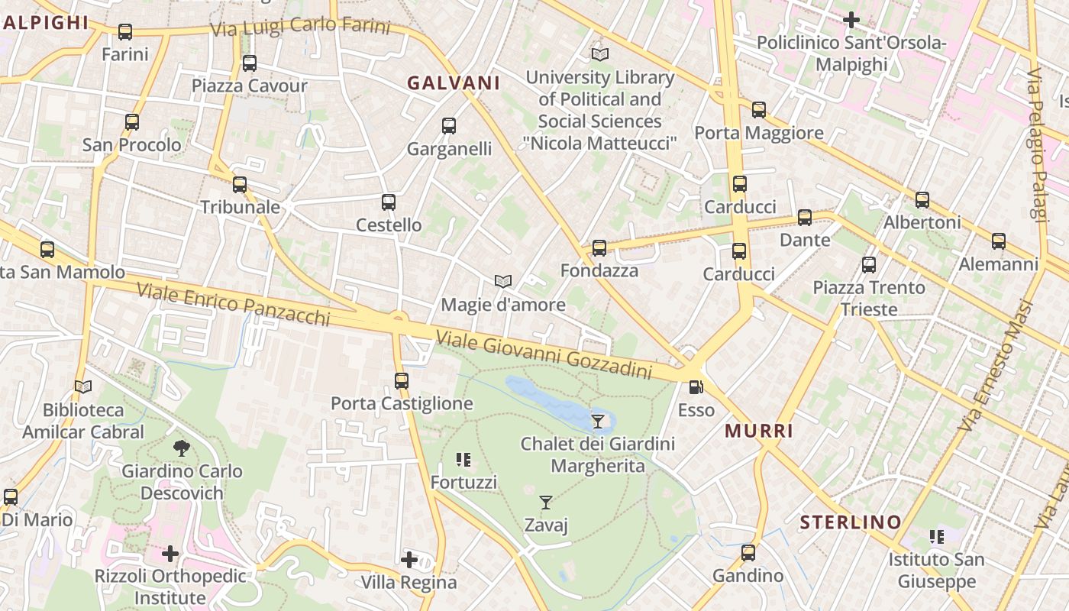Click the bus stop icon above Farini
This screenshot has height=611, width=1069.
[125, 32]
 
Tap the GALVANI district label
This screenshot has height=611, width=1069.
[454, 83]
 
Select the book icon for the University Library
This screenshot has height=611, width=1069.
[600, 55]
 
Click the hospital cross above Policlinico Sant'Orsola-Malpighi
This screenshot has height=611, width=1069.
[851, 20]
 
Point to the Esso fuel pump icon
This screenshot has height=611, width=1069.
[696, 388]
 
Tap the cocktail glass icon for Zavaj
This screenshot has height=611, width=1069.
[546, 503]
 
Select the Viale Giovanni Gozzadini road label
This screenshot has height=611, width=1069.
[544, 355]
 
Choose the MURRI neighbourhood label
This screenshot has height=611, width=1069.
[759, 431]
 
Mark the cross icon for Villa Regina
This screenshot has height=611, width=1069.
[409, 560]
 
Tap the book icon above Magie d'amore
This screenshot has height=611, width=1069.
[502, 282]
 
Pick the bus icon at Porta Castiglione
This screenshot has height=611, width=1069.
[402, 380]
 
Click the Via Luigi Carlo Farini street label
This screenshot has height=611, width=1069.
[301, 27]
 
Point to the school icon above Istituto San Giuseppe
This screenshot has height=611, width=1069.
[937, 537]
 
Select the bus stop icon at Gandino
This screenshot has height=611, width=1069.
[748, 553]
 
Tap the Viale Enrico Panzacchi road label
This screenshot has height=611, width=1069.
[234, 304]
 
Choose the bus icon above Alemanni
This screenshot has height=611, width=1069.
[999, 241]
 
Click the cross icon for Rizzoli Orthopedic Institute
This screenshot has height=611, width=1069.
[170, 553]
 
